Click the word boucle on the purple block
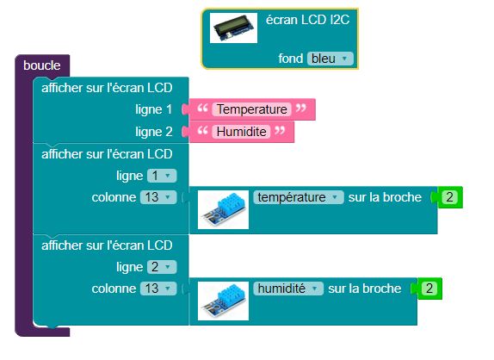(x=42, y=65)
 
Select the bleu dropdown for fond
(x=330, y=59)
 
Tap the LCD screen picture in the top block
(x=233, y=28)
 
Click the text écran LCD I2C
(x=307, y=20)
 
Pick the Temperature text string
(x=251, y=109)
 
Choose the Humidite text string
(x=241, y=132)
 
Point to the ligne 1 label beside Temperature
(x=154, y=109)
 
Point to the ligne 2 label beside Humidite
(x=154, y=132)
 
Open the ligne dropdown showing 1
(x=162, y=176)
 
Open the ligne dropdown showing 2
(x=162, y=267)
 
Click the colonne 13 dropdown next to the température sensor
(x=158, y=197)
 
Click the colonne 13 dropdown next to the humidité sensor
(x=158, y=289)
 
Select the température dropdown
(x=299, y=197)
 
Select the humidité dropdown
(x=288, y=289)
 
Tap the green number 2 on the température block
(x=449, y=197)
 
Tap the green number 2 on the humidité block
(x=429, y=289)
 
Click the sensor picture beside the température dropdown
(x=223, y=209)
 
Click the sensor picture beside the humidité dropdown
(x=223, y=301)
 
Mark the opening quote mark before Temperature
(x=202, y=109)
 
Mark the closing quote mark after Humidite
(x=280, y=130)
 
